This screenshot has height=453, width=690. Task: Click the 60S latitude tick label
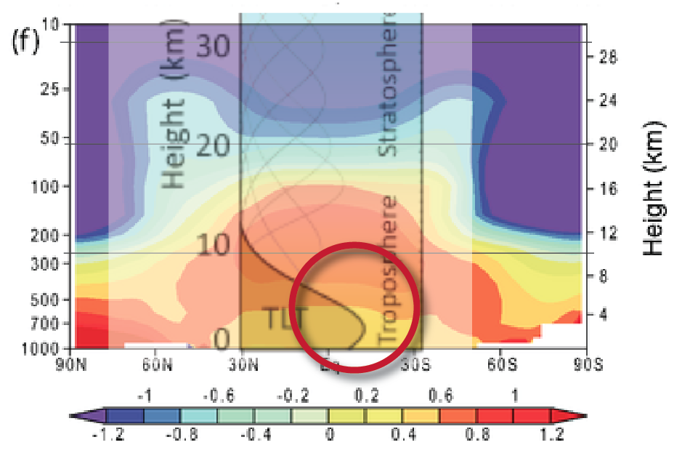pos(500,361)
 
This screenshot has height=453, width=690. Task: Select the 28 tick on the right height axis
pos(609,58)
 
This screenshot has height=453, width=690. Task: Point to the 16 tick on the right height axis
pos(609,189)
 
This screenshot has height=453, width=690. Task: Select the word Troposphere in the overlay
pos(390,269)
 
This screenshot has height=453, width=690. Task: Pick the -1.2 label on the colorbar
pos(107,435)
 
